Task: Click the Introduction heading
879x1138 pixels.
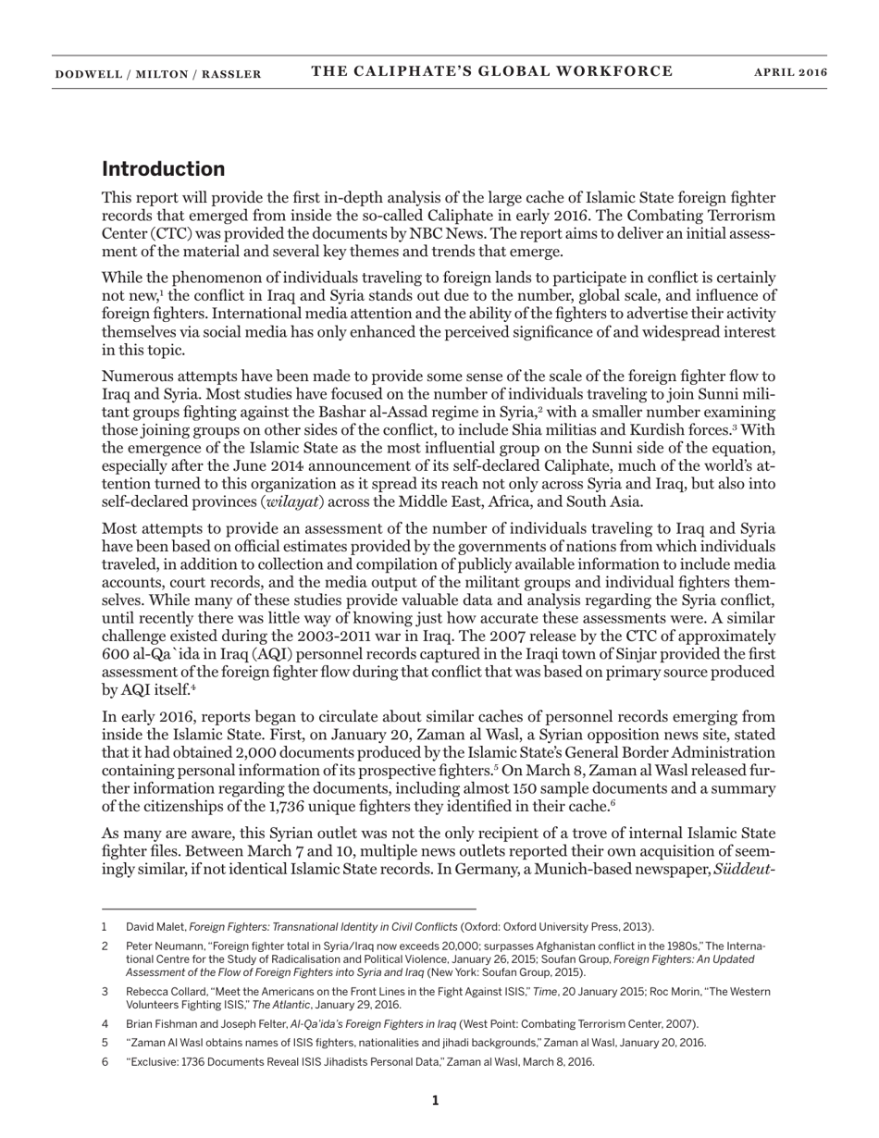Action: click(x=163, y=168)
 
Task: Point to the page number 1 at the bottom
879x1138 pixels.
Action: click(x=436, y=1100)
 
